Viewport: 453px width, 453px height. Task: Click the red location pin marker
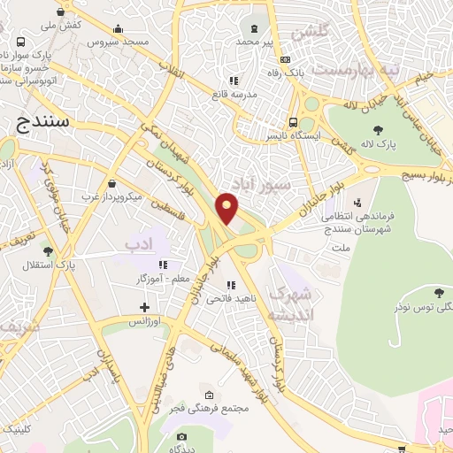pyautogui.click(x=227, y=208)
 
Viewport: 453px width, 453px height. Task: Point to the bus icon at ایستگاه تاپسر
pyautogui.click(x=292, y=123)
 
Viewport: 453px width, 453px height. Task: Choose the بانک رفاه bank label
pyautogui.click(x=288, y=72)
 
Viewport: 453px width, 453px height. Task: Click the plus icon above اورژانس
pyautogui.click(x=144, y=308)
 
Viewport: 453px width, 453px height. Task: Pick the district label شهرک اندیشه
pyautogui.click(x=291, y=302)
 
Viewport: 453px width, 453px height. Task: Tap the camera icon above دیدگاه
pyautogui.click(x=181, y=436)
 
